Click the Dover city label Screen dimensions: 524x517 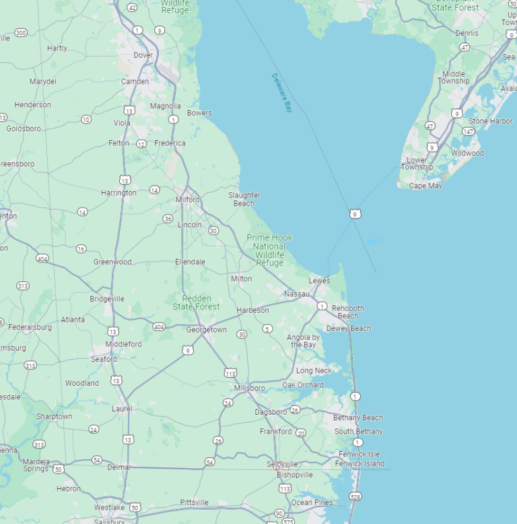143,55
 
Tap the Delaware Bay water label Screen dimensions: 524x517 283,92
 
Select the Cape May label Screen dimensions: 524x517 426,186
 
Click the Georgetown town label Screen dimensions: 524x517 207,330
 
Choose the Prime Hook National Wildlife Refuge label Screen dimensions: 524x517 269,250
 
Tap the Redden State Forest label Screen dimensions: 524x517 196,302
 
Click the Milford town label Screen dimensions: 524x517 188,200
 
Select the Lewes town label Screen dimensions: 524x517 320,281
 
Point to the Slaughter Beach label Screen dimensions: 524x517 244,199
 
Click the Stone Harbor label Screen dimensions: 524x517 491,121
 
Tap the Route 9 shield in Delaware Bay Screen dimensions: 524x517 354,214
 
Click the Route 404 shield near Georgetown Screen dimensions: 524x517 159,327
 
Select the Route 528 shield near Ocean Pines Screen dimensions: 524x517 355,496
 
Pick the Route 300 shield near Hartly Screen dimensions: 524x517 21,32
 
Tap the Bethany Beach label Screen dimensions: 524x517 358,417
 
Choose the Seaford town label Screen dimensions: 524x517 104,359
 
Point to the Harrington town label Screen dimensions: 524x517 118,193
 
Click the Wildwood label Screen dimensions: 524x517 468,153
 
